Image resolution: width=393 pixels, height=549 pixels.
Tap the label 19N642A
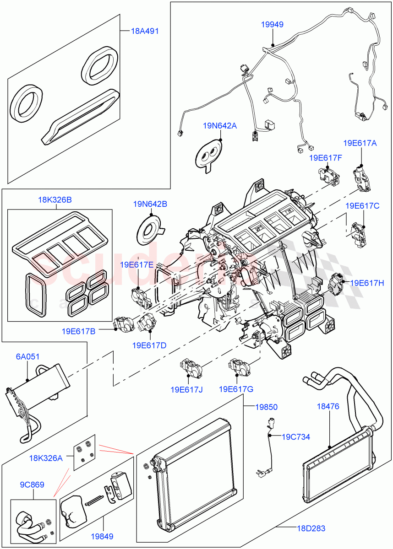tap(220, 125)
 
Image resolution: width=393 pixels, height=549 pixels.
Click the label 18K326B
tap(55, 200)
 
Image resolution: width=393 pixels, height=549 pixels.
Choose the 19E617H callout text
tap(367, 283)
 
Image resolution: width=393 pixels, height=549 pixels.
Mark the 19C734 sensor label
tap(295, 437)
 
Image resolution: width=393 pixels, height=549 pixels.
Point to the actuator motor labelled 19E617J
tap(189, 366)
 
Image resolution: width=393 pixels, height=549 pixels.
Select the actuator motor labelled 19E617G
tap(237, 366)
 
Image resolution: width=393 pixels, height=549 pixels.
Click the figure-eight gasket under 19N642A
tap(208, 155)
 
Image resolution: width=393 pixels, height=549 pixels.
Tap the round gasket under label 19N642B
tap(150, 227)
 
